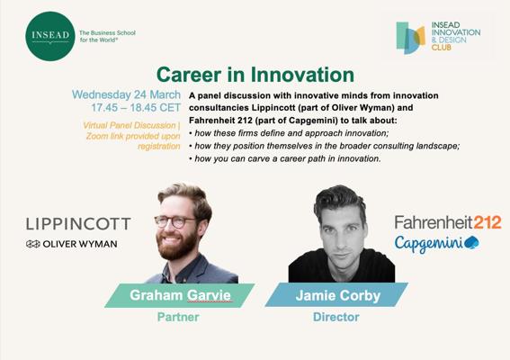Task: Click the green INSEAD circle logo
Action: pyautogui.click(x=50, y=36)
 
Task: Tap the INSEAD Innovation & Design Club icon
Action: pyautogui.click(x=410, y=38)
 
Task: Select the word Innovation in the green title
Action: pyautogui.click(x=302, y=75)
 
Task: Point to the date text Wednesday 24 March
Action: pyautogui.click(x=126, y=94)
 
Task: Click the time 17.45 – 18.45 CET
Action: pyautogui.click(x=136, y=108)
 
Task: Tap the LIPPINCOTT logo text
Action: pyautogui.click(x=78, y=224)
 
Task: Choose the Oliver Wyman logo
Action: pyautogui.click(x=72, y=244)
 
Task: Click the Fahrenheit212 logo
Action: pyautogui.click(x=448, y=222)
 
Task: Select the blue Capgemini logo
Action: pyautogui.click(x=437, y=244)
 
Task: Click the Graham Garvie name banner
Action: pyautogui.click(x=180, y=295)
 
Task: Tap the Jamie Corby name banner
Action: pyautogui.click(x=336, y=295)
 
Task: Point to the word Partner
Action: pyautogui.click(x=178, y=317)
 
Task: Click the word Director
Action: pyautogui.click(x=336, y=317)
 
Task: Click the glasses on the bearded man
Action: pyautogui.click(x=175, y=221)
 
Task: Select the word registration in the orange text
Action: pyautogui.click(x=159, y=146)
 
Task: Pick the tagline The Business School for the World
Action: pyautogui.click(x=107, y=36)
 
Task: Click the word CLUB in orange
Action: pyautogui.click(x=442, y=48)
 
